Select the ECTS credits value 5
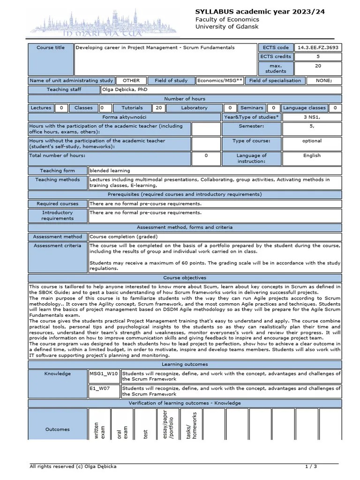point(318,56)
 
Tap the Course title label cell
point(51,48)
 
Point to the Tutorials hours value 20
point(159,108)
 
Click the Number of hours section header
point(185,99)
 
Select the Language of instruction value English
point(312,156)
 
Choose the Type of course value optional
point(312,141)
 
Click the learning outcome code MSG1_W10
point(104,374)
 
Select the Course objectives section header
point(185,278)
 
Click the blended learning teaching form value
point(110,171)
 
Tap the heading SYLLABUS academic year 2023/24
point(260,11)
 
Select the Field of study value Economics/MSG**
point(220,81)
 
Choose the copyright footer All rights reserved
point(73,466)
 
